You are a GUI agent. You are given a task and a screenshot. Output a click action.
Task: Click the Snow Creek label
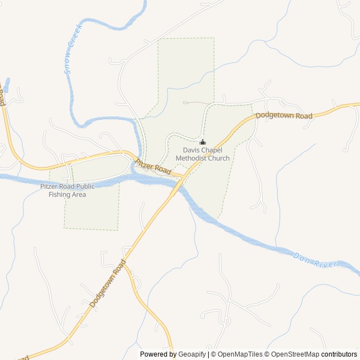(74, 49)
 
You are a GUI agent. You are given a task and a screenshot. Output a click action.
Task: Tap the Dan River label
(315, 260)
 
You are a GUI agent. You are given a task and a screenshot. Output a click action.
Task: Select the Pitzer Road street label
(153, 167)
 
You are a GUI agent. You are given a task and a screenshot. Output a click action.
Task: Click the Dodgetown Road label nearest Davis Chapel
(284, 116)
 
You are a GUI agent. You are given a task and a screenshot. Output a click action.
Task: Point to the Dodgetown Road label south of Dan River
(107, 283)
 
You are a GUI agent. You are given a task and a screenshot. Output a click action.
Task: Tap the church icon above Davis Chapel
(202, 142)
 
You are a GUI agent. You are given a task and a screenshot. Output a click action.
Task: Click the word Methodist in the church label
(192, 158)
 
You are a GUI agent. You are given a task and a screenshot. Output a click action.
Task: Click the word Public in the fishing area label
(85, 187)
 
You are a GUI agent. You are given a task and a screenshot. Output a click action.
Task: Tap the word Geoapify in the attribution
(192, 354)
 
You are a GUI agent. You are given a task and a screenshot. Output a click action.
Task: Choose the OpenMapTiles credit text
(240, 354)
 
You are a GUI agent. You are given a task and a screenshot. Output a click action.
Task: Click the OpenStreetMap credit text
(295, 354)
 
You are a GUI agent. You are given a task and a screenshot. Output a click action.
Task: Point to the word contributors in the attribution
(339, 354)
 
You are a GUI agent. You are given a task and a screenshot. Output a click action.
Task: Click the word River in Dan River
(327, 264)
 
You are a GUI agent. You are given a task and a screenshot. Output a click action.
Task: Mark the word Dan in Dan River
(301, 256)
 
